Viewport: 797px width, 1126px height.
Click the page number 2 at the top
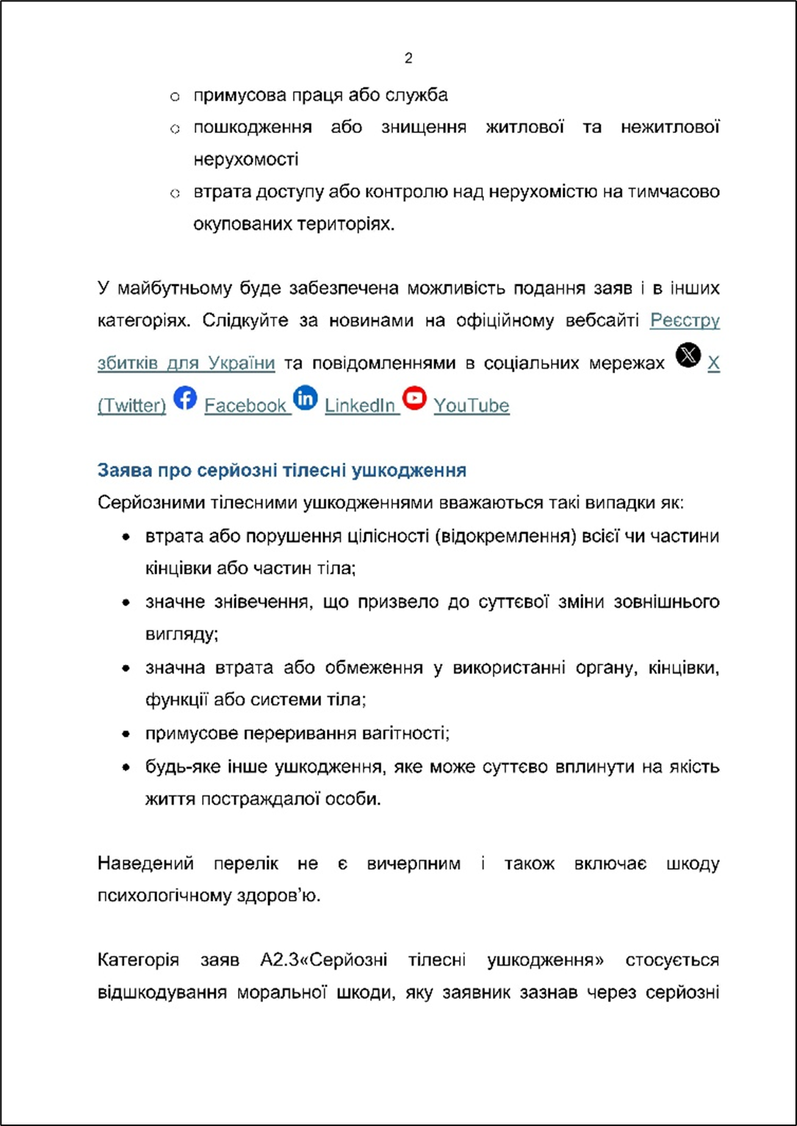[408, 59]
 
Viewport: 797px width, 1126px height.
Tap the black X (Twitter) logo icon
[688, 356]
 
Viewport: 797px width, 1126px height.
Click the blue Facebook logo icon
[185, 398]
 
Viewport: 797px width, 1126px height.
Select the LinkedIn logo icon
[306, 398]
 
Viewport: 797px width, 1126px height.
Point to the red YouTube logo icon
[414, 398]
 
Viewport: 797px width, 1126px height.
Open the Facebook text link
[245, 406]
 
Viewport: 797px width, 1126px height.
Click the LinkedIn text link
[360, 406]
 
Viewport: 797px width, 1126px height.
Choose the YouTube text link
[471, 406]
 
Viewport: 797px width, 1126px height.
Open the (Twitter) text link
[131, 406]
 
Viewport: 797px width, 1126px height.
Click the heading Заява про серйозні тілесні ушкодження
[281, 470]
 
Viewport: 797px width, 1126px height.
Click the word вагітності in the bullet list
[406, 733]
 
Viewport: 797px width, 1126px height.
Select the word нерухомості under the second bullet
[246, 159]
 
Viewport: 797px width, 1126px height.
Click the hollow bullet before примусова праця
[175, 96]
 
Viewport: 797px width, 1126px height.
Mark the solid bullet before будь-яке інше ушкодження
[127, 768]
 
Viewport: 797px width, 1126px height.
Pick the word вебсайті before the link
[601, 321]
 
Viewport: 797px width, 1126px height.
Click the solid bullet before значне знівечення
[127, 603]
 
